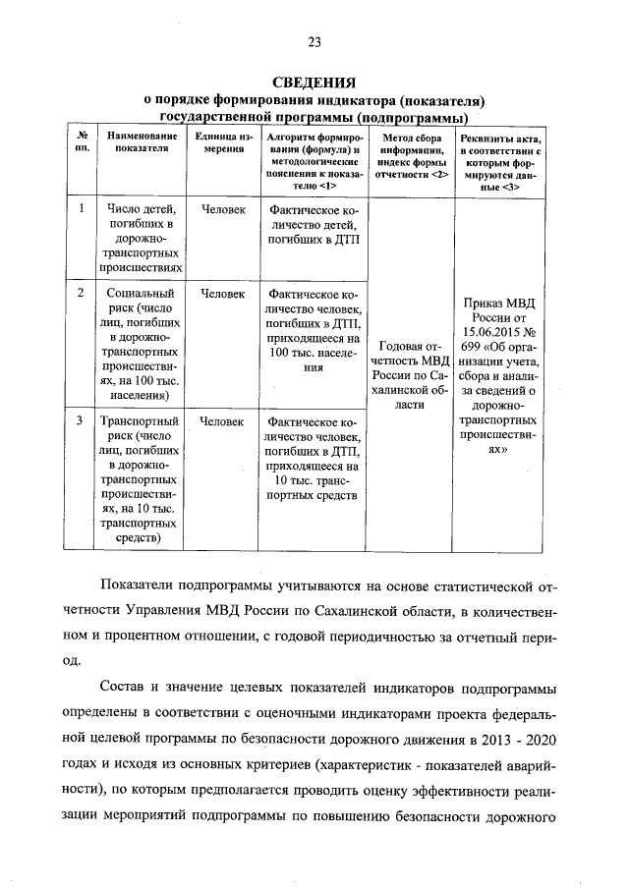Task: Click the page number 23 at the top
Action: [314, 40]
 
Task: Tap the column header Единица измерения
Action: [223, 140]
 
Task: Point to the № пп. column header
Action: [83, 140]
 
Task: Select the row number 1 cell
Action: [83, 208]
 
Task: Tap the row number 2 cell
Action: [83, 293]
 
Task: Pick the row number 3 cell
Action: [83, 421]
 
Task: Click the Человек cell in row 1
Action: [223, 208]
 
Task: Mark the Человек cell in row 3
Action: [223, 421]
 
